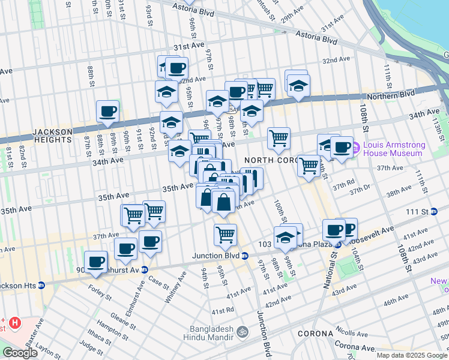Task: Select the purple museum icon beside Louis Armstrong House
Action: tap(355, 146)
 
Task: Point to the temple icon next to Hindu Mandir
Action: tap(242, 331)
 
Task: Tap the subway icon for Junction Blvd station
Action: tap(245, 256)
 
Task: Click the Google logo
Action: tap(20, 353)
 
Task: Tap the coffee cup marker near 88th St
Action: tap(108, 112)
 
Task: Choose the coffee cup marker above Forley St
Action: tap(96, 262)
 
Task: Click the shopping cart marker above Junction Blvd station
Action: tap(225, 235)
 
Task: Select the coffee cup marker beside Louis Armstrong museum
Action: tap(342, 147)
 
